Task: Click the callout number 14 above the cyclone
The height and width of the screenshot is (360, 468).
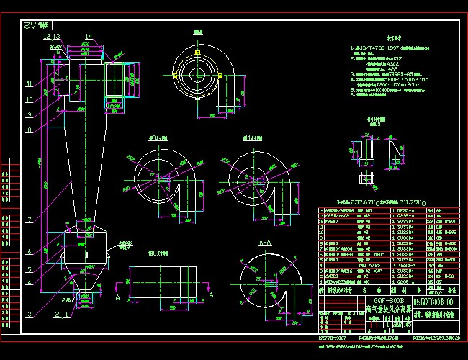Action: (x=89, y=36)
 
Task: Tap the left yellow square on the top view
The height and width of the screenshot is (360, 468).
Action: (x=175, y=74)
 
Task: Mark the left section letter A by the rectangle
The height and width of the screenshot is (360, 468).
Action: (x=117, y=295)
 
